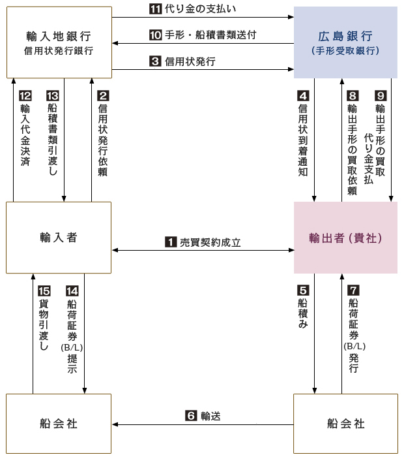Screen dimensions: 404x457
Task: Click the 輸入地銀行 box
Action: tap(59, 42)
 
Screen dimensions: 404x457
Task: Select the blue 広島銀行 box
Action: tap(345, 42)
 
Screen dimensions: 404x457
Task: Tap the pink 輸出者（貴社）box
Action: tap(345, 238)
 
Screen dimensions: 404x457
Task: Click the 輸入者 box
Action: tap(59, 238)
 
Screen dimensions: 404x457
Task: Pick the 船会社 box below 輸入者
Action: tap(59, 424)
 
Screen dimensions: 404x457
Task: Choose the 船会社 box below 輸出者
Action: tap(345, 424)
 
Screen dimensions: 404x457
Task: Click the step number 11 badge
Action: tap(156, 8)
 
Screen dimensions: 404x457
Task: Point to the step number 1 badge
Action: tap(171, 242)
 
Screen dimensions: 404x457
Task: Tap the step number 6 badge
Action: tap(191, 415)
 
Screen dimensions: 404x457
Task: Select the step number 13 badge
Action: tap(53, 96)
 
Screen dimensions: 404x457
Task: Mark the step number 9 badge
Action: tap(381, 96)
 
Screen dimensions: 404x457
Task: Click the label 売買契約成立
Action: tap(210, 242)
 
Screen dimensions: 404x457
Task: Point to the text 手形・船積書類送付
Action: tap(210, 35)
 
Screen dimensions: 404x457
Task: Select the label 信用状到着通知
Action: tap(303, 140)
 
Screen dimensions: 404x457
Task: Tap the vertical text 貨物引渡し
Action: tap(44, 324)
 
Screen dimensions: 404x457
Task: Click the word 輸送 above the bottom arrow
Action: tap(210, 416)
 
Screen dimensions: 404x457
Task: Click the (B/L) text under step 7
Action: tap(354, 346)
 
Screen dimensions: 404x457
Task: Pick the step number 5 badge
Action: tap(303, 291)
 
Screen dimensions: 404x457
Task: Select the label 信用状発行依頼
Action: tap(103, 140)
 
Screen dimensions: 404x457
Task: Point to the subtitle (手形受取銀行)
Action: tap(345, 51)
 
